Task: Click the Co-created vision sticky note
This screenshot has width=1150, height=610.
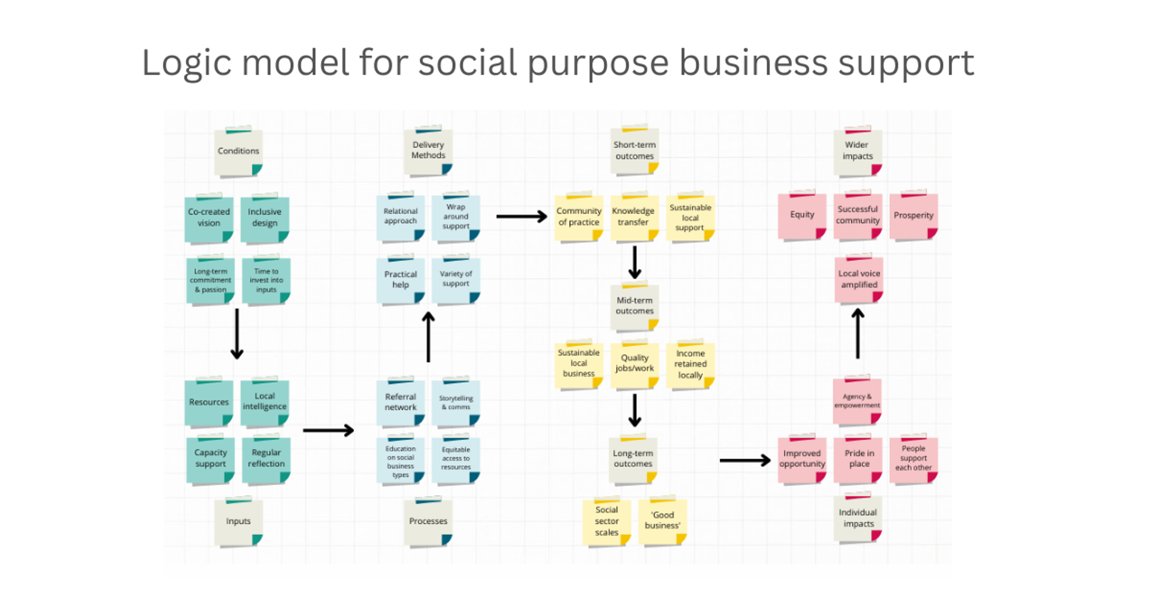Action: coord(209,219)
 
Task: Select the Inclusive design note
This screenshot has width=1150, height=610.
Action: coord(265,219)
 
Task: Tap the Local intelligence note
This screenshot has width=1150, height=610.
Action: coord(265,402)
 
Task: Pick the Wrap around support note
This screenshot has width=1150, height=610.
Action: coord(456,217)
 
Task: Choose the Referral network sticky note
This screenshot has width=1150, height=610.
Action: coord(400,402)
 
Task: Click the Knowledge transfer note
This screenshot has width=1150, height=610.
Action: coord(634,217)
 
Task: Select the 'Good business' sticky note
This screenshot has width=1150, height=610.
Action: coord(662,521)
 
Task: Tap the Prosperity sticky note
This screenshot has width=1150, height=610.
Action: coord(914,216)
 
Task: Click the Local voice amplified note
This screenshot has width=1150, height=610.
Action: coord(859,279)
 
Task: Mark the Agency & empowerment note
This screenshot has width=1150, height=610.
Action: coord(857,400)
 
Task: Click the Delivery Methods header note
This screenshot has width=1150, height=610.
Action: coord(428,151)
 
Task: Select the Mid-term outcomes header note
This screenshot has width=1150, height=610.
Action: coord(634,306)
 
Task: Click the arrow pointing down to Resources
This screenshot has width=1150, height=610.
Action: coord(237,334)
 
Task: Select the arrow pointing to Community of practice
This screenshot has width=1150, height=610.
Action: coord(522,216)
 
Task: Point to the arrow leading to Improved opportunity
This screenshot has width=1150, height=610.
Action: coord(745,460)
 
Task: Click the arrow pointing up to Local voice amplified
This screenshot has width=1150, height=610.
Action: coord(857,333)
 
